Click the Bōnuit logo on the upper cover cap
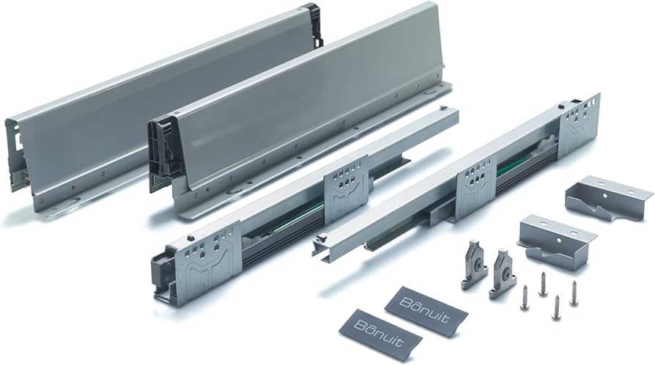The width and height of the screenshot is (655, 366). [424, 310]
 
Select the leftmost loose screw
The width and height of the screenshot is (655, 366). [525, 297]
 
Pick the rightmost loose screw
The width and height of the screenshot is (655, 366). [573, 293]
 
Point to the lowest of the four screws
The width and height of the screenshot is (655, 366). [555, 307]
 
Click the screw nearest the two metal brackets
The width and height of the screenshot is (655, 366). [543, 284]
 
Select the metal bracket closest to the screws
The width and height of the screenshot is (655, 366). [556, 241]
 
